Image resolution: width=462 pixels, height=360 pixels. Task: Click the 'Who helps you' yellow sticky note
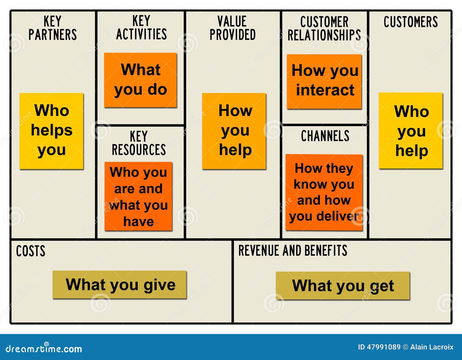pos(51,131)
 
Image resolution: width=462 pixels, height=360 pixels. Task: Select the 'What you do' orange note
pos(140,80)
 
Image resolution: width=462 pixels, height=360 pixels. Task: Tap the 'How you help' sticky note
pos(234,131)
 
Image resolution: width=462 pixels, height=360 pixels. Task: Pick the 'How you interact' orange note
pos(324,82)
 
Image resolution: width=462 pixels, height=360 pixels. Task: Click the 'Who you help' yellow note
pos(411,131)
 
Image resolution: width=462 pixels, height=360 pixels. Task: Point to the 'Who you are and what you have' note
pos(138,196)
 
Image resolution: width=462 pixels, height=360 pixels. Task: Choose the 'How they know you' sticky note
pos(324,192)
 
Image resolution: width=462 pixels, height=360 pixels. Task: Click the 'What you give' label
pos(120,285)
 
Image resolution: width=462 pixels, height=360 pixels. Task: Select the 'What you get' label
pos(343,285)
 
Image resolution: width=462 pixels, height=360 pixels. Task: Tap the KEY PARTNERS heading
pos(53,28)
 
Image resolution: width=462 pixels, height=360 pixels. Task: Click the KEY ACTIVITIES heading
pos(141,27)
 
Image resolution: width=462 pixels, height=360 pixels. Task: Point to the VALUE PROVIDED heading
pos(233,28)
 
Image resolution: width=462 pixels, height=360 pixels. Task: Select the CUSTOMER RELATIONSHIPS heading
pos(324,28)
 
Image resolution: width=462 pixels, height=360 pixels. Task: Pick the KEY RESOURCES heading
pos(139,143)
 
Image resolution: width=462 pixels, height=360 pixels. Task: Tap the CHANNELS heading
pos(325,136)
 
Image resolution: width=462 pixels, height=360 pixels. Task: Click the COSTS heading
pos(31,251)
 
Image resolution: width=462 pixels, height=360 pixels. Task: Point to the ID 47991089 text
pos(379,347)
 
